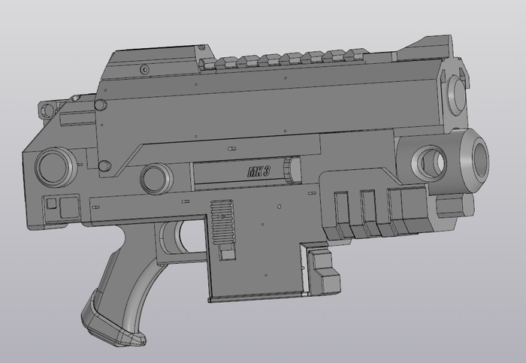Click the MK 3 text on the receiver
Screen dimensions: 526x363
coord(258,172)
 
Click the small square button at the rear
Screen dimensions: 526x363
coord(51,204)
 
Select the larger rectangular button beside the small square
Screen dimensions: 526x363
coord(69,207)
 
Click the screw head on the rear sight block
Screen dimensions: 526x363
coord(145,69)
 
